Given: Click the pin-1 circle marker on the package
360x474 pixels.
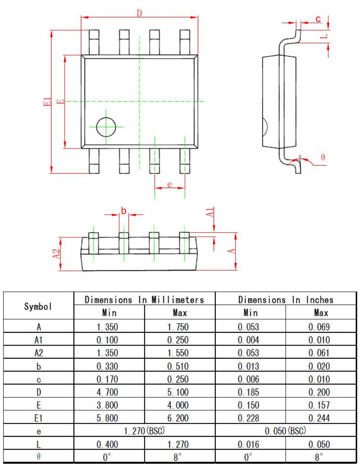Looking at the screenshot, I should pos(106,127).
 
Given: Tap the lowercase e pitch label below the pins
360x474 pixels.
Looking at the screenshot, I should pos(170,184).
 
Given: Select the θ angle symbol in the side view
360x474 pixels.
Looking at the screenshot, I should pos(323,157).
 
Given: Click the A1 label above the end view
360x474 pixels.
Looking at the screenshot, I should pos(209,213).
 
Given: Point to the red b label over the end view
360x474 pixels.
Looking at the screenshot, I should pos(123,211).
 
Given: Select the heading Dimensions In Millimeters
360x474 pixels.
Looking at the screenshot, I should pos(144,299).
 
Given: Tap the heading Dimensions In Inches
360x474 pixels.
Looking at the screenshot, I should pos(286,299).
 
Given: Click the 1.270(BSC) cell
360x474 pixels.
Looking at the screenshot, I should pos(144,431).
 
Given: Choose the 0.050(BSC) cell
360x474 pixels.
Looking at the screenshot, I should pos(286,431).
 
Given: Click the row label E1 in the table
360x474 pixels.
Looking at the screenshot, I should pos(39,418).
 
